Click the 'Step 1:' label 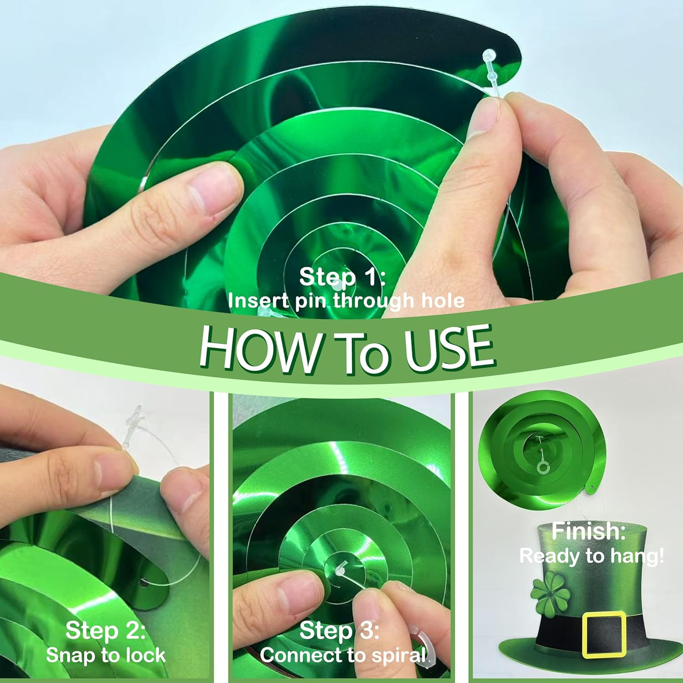click(x=342, y=277)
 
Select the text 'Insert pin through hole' click(x=346, y=301)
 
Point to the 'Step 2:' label click(x=106, y=631)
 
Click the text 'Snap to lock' click(x=106, y=655)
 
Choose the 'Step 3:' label click(x=340, y=631)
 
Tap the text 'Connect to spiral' click(x=344, y=656)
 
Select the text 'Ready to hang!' click(x=592, y=556)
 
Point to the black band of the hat click(x=560, y=633)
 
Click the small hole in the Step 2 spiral click(x=143, y=583)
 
